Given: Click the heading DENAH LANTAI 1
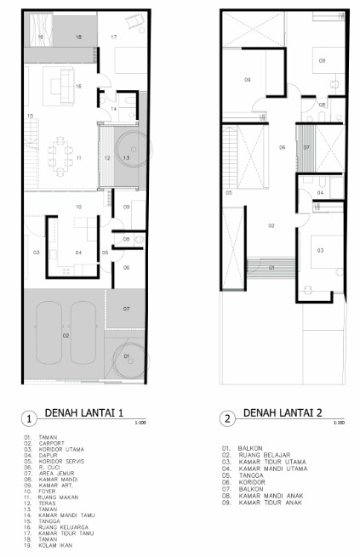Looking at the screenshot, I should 83,413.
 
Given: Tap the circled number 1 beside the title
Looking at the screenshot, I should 29,418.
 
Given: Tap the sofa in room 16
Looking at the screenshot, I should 62,83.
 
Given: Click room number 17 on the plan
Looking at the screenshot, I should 113,37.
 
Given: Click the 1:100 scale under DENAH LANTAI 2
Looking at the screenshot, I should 339,422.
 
